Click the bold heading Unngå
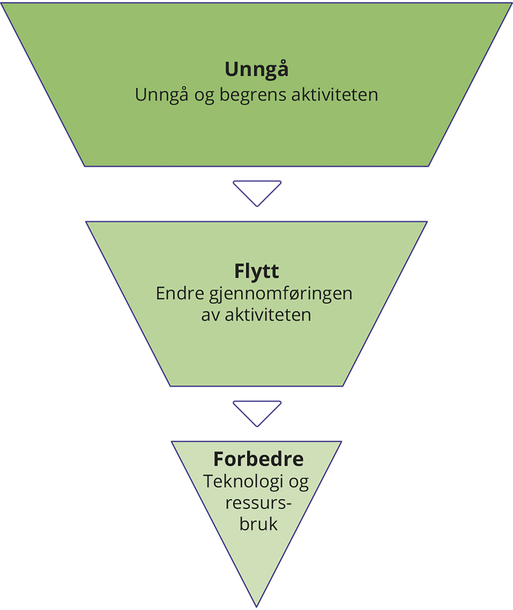click(x=256, y=70)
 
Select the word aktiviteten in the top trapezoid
click(x=335, y=94)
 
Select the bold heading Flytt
click(x=256, y=272)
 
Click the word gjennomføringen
click(x=281, y=294)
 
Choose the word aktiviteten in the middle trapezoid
click(x=268, y=315)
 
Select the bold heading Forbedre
click(x=258, y=459)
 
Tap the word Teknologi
click(x=243, y=482)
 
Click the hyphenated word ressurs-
click(x=258, y=503)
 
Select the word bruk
click(x=258, y=524)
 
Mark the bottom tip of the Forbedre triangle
click(x=256, y=606)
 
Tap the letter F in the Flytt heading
click(x=239, y=271)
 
